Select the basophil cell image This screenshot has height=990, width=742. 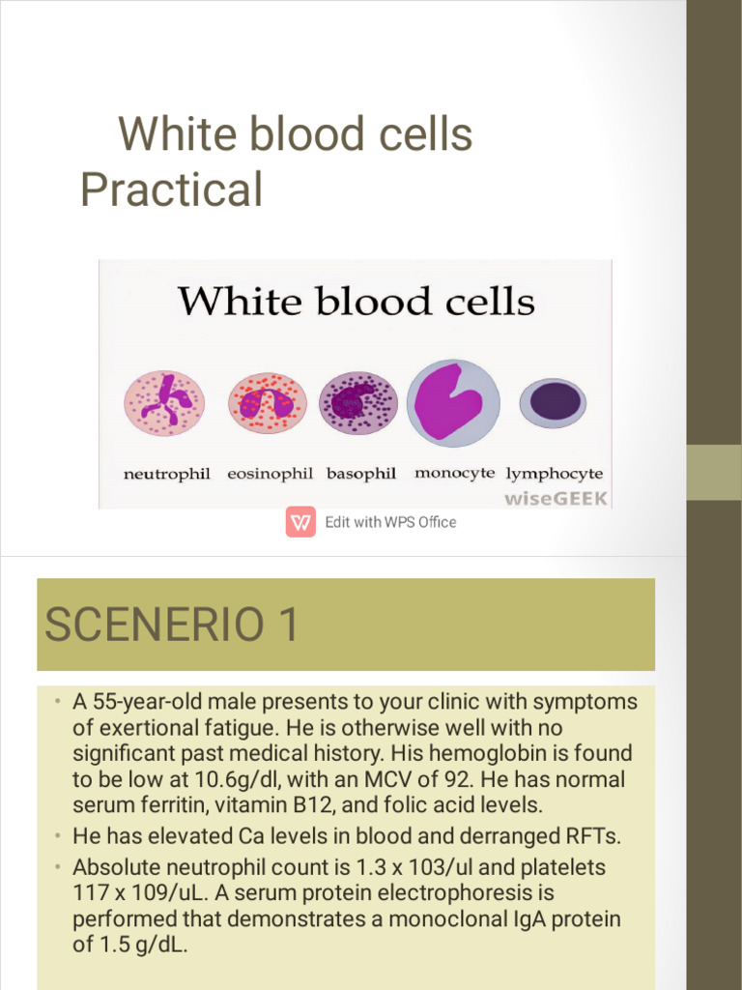358,402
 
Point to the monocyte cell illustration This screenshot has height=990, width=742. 453,402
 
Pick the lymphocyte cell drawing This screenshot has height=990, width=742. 553,403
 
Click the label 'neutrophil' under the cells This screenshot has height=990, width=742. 167,475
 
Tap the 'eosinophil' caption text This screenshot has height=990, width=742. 271,475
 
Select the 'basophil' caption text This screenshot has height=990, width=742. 361,474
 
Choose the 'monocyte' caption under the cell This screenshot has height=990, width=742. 454,474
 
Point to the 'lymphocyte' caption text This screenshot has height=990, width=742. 555,475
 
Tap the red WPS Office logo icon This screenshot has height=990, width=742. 301,522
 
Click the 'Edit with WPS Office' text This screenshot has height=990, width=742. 390,522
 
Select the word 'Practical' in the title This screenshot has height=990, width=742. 171,189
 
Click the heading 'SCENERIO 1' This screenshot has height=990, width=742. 172,626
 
